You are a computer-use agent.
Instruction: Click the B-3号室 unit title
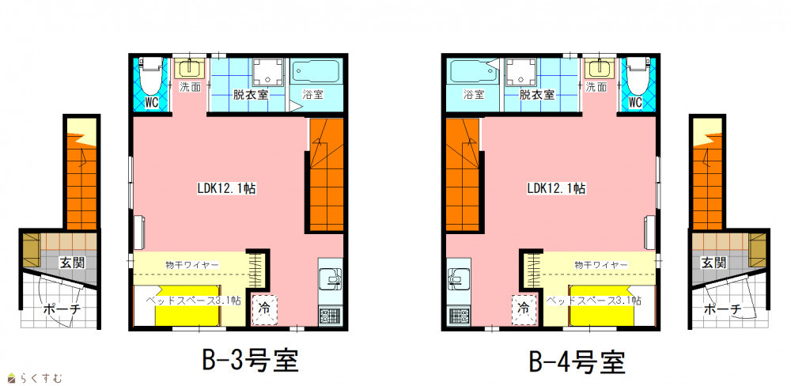pos(250,361)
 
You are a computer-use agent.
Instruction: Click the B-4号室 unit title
pos(577,361)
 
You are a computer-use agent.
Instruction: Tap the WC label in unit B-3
pos(152,102)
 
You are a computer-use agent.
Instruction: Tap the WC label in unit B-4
pos(636,102)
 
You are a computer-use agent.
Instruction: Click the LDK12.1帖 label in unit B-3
pos(225,189)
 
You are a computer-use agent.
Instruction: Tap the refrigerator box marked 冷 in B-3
pos(264,308)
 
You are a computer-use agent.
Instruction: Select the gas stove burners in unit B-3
pos(331,316)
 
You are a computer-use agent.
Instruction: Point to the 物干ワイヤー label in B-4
pos(600,264)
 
